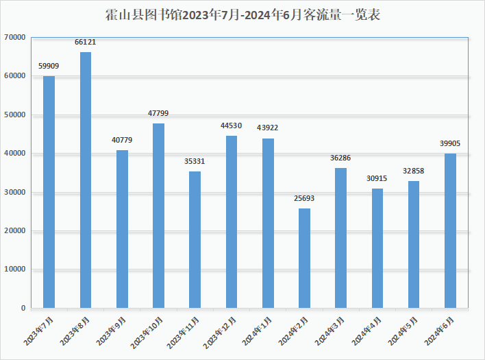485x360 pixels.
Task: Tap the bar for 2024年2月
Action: (x=304, y=258)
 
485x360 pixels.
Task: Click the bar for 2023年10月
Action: (x=158, y=215)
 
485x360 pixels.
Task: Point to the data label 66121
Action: (x=85, y=43)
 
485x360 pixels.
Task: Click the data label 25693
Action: (x=304, y=199)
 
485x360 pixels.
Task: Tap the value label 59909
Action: (x=49, y=67)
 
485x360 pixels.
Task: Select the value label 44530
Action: (x=232, y=125)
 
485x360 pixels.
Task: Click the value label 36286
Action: (x=340, y=158)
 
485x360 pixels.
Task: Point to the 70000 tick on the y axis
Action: (x=14, y=37)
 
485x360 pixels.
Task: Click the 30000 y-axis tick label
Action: (x=14, y=192)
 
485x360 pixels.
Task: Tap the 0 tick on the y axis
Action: (x=23, y=308)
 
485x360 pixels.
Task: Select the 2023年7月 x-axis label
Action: (x=40, y=328)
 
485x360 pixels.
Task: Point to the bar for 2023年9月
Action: (x=122, y=229)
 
